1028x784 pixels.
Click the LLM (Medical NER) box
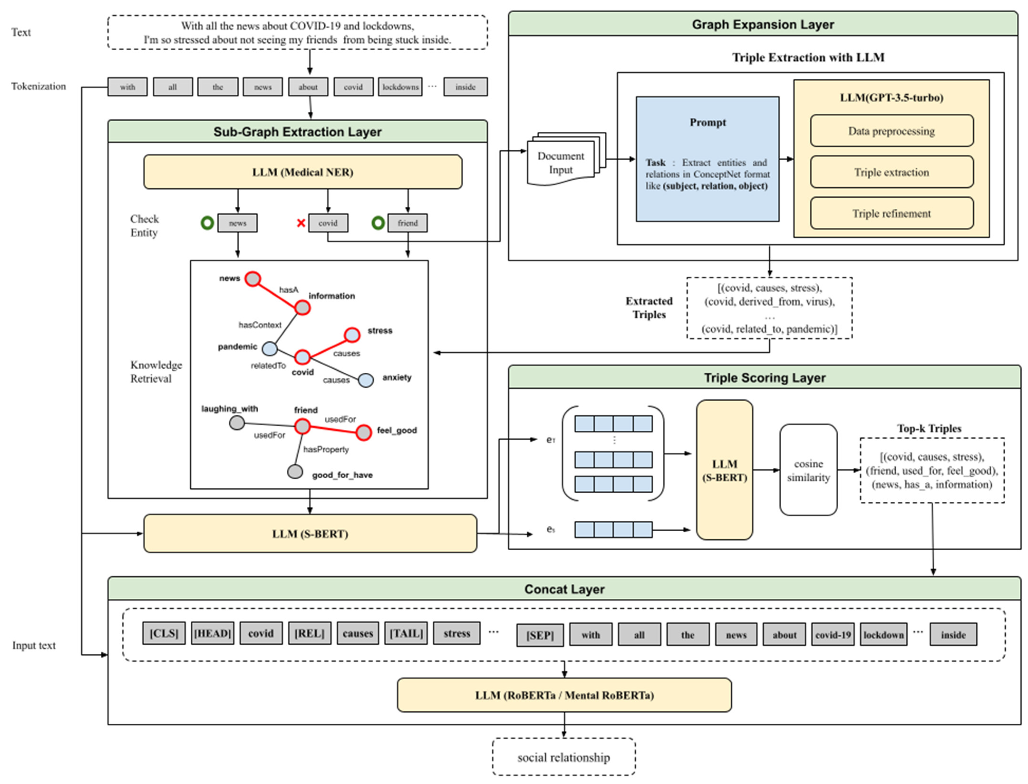(x=302, y=172)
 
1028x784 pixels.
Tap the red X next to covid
(x=301, y=223)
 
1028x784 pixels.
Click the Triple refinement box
(x=891, y=213)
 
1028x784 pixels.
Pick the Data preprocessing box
(x=891, y=131)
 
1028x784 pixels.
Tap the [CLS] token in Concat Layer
(x=164, y=633)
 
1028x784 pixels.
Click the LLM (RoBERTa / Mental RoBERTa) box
(x=564, y=695)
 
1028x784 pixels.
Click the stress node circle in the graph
(x=352, y=335)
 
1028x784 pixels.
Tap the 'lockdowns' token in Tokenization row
(x=400, y=87)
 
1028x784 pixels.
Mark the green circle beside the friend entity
(x=378, y=223)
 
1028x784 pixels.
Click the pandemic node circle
(x=269, y=348)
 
